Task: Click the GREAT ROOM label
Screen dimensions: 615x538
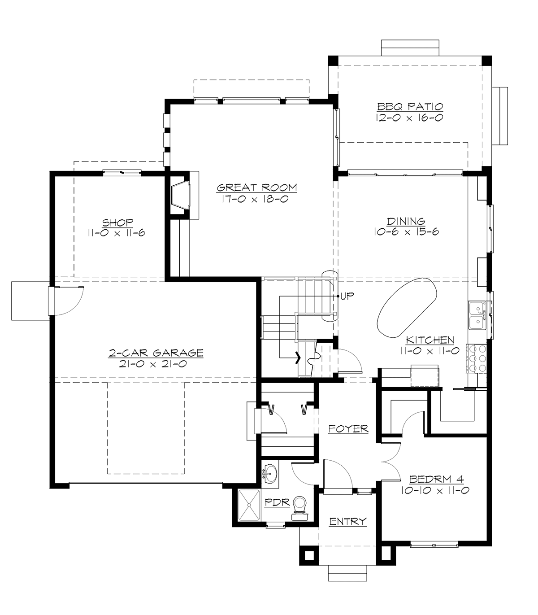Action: click(x=256, y=188)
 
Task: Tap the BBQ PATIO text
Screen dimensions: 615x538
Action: click(x=410, y=107)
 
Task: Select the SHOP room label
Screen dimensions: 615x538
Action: click(x=117, y=222)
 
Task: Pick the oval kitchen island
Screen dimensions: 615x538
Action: click(x=407, y=306)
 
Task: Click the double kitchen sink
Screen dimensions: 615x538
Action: click(x=476, y=316)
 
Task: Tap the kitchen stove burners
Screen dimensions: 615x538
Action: click(x=476, y=358)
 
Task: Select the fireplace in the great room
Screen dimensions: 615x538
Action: click(x=181, y=194)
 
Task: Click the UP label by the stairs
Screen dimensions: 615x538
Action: click(x=347, y=297)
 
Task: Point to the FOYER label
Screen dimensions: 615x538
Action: click(x=348, y=429)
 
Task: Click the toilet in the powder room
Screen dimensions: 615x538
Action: click(x=299, y=506)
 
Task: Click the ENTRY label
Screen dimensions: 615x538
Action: click(x=348, y=521)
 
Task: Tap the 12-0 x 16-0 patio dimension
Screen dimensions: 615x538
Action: click(x=410, y=118)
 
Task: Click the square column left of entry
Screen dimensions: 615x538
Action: click(x=309, y=554)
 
